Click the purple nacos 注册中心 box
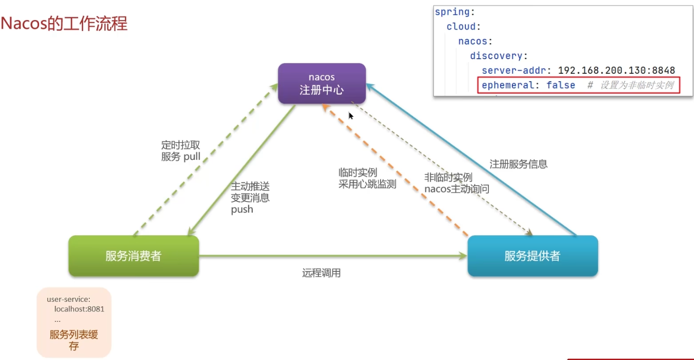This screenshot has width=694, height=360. click(x=322, y=83)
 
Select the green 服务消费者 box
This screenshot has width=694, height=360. click(x=133, y=256)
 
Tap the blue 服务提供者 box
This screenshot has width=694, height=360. click(x=533, y=256)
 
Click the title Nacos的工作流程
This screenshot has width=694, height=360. click(x=64, y=24)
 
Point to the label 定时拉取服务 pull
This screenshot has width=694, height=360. click(x=181, y=151)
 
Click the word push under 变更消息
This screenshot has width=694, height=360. click(x=242, y=210)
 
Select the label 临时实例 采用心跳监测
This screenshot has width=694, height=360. click(x=367, y=178)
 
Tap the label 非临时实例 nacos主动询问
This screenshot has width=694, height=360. click(x=457, y=183)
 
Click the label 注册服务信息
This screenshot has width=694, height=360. click(x=518, y=164)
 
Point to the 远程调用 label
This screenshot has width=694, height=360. click(x=321, y=273)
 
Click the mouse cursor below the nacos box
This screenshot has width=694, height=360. click(x=351, y=115)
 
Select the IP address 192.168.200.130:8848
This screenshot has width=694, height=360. click(x=616, y=70)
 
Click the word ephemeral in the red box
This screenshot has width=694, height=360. click(x=508, y=85)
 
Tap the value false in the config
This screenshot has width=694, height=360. click(x=561, y=85)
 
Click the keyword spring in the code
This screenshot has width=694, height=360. click(x=452, y=12)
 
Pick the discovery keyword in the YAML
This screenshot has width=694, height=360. click(x=496, y=56)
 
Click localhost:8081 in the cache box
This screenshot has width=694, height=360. click(x=79, y=309)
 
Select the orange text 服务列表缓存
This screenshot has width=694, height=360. click(x=74, y=340)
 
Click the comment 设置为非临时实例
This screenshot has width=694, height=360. click(x=637, y=85)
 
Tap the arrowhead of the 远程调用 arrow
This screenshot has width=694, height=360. click(x=463, y=256)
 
